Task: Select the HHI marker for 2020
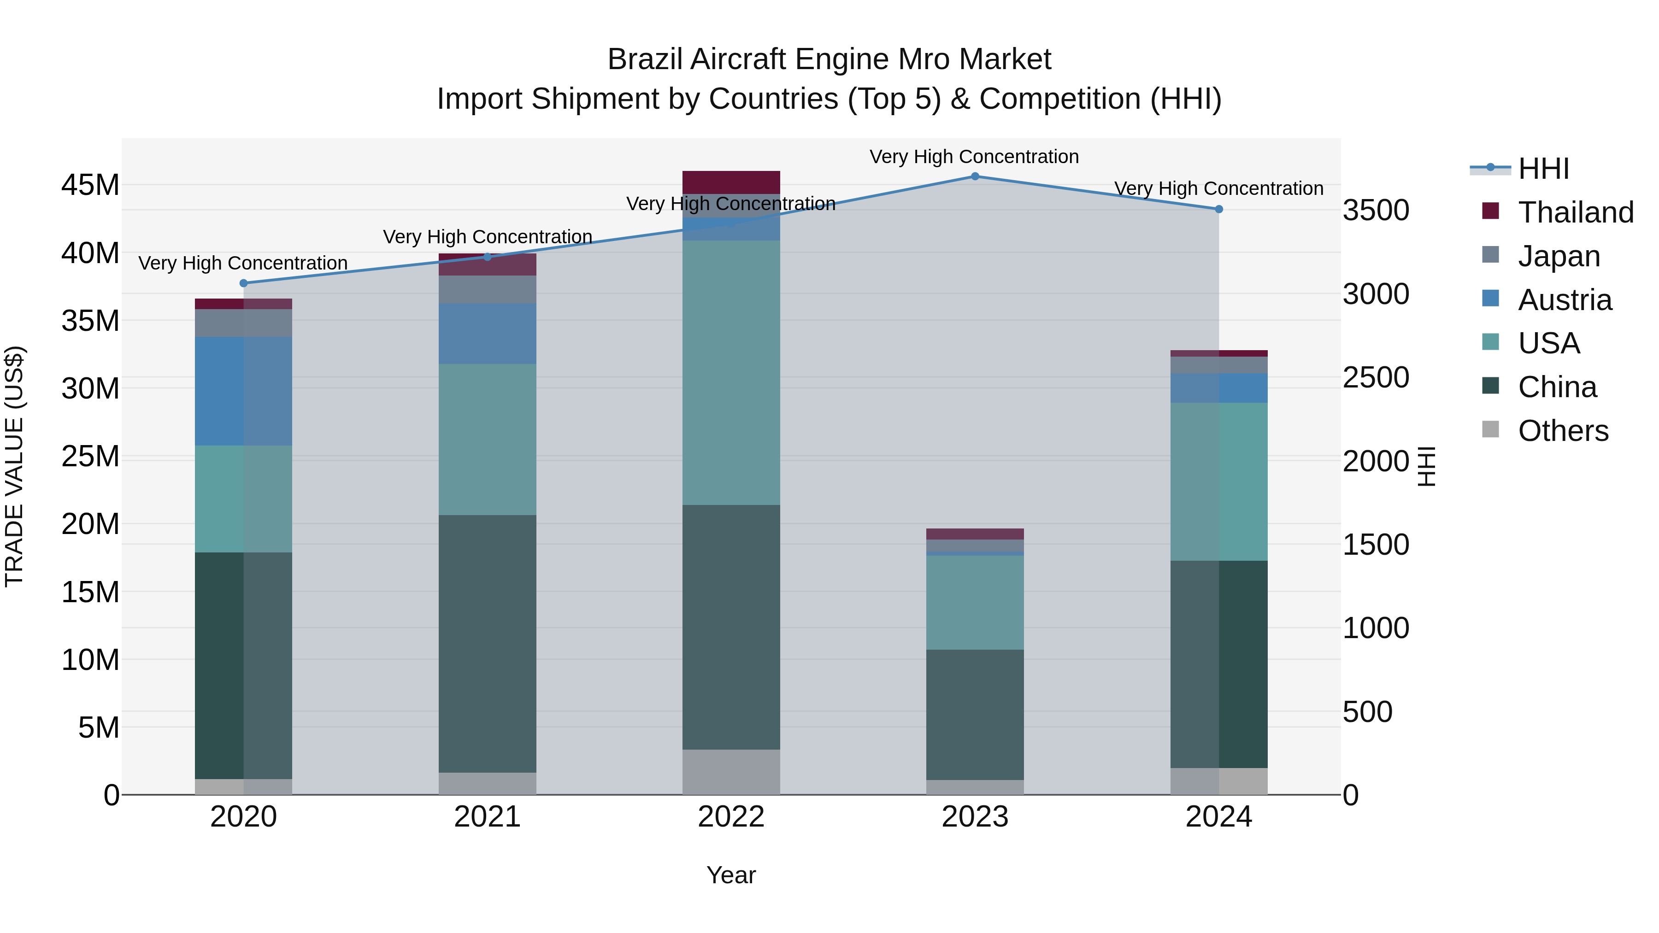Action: tap(243, 283)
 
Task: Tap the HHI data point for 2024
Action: tap(1218, 209)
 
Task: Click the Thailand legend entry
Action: tap(1575, 212)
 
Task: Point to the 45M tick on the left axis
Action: tap(90, 185)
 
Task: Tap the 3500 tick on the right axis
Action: tap(1376, 211)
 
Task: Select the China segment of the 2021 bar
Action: tap(487, 644)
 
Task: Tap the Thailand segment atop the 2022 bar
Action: tap(731, 182)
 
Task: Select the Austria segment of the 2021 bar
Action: tap(487, 334)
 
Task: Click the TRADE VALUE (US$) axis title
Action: tap(14, 466)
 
